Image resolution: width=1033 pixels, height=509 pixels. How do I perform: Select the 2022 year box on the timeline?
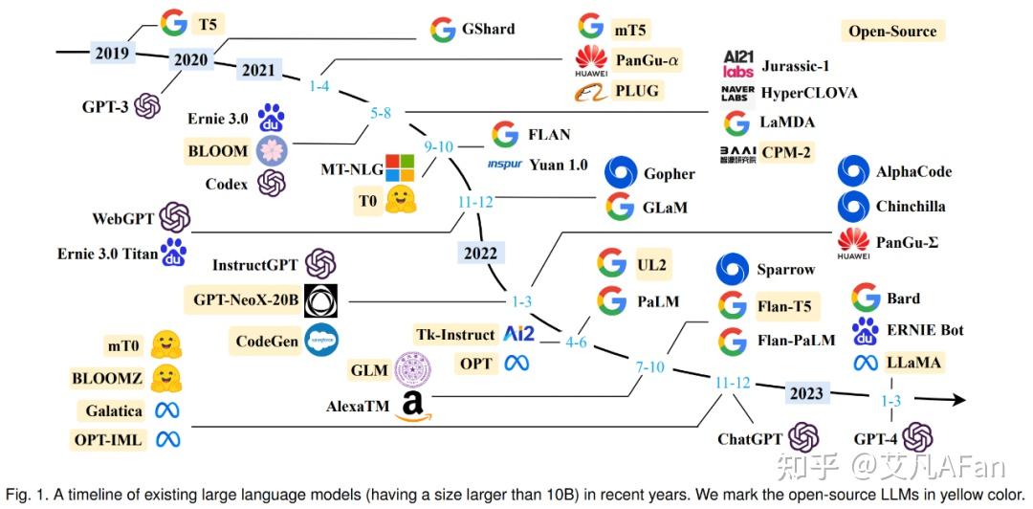(480, 254)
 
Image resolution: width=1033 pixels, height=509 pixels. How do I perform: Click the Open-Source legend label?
(892, 31)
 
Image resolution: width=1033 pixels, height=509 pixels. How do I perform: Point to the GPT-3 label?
(104, 106)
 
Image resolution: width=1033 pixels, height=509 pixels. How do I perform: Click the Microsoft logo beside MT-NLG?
(398, 168)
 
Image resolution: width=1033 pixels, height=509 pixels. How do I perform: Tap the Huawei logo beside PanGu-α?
(590, 60)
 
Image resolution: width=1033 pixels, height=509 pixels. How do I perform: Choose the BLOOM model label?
(219, 150)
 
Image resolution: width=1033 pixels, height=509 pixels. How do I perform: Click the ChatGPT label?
(749, 439)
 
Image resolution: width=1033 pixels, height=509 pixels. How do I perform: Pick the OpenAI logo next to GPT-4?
(916, 438)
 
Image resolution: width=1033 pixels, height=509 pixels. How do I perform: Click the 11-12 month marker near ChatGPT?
(733, 383)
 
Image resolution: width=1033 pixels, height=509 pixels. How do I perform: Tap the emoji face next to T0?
(397, 201)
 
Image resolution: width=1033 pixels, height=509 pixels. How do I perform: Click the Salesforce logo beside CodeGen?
(320, 341)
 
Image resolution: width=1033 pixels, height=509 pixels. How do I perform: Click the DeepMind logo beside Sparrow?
(733, 270)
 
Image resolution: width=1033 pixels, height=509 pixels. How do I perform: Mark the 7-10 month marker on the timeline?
(649, 367)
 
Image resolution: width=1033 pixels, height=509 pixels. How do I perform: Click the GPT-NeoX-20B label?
(246, 299)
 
